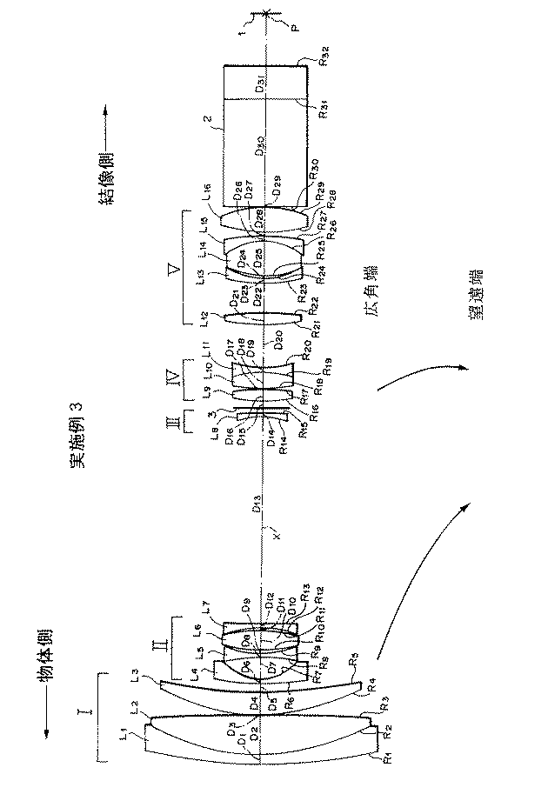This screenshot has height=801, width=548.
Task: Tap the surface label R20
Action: click(x=307, y=349)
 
